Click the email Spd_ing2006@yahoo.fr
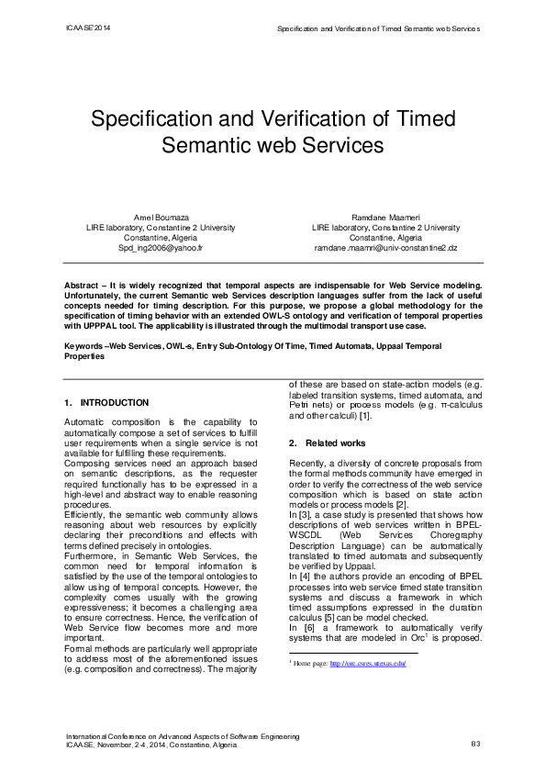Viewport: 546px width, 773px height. point(161,249)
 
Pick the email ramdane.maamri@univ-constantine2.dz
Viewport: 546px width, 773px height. point(385,249)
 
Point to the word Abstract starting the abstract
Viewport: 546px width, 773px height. point(83,287)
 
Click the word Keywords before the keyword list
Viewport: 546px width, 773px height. point(84,346)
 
